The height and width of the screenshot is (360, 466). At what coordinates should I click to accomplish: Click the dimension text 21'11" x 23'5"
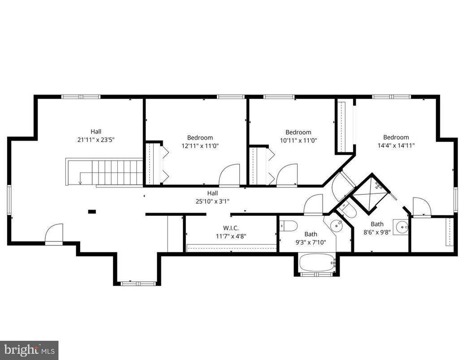point(96,140)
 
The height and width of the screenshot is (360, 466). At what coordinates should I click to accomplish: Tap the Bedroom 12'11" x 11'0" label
point(200,141)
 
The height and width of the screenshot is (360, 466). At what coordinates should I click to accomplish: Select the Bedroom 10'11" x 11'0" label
point(298,136)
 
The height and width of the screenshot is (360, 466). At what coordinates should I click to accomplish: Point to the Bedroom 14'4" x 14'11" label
point(396,141)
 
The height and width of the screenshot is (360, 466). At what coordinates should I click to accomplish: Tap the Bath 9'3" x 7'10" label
point(311,238)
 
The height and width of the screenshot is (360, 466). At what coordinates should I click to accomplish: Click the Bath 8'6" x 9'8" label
point(377,228)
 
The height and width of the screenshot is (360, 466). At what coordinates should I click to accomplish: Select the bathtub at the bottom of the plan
point(317,263)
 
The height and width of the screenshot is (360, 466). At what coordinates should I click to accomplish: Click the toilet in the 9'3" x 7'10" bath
point(288,226)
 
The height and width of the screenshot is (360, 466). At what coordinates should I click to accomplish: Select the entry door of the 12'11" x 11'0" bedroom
point(229,176)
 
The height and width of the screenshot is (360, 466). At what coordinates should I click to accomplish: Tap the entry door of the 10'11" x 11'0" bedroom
point(287,176)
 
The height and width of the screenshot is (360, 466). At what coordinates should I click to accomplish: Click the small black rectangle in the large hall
point(92,211)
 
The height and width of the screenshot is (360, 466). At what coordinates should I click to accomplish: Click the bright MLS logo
point(29,350)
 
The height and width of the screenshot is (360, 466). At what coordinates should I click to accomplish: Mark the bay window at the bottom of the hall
point(138,283)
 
